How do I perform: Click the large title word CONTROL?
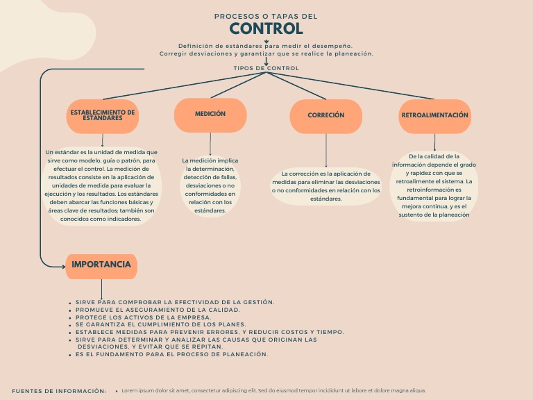[266, 28]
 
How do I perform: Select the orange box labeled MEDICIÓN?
[210, 115]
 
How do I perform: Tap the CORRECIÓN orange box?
[325, 116]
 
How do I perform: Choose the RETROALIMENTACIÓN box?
[434, 115]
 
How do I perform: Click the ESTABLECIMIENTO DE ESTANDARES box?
[103, 116]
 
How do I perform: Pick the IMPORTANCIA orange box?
[101, 265]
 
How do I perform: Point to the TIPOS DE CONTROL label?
[266, 68]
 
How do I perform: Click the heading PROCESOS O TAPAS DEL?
[266, 16]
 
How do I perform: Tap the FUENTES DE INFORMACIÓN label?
[59, 391]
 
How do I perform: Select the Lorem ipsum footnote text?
[273, 391]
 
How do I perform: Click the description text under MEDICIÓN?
[210, 185]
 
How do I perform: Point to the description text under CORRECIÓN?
[325, 186]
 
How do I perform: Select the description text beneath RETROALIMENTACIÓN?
[434, 186]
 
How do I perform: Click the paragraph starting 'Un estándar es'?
[101, 185]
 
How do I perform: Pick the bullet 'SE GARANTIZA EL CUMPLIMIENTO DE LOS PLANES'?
[161, 324]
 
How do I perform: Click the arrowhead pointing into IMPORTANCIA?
[63, 265]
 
